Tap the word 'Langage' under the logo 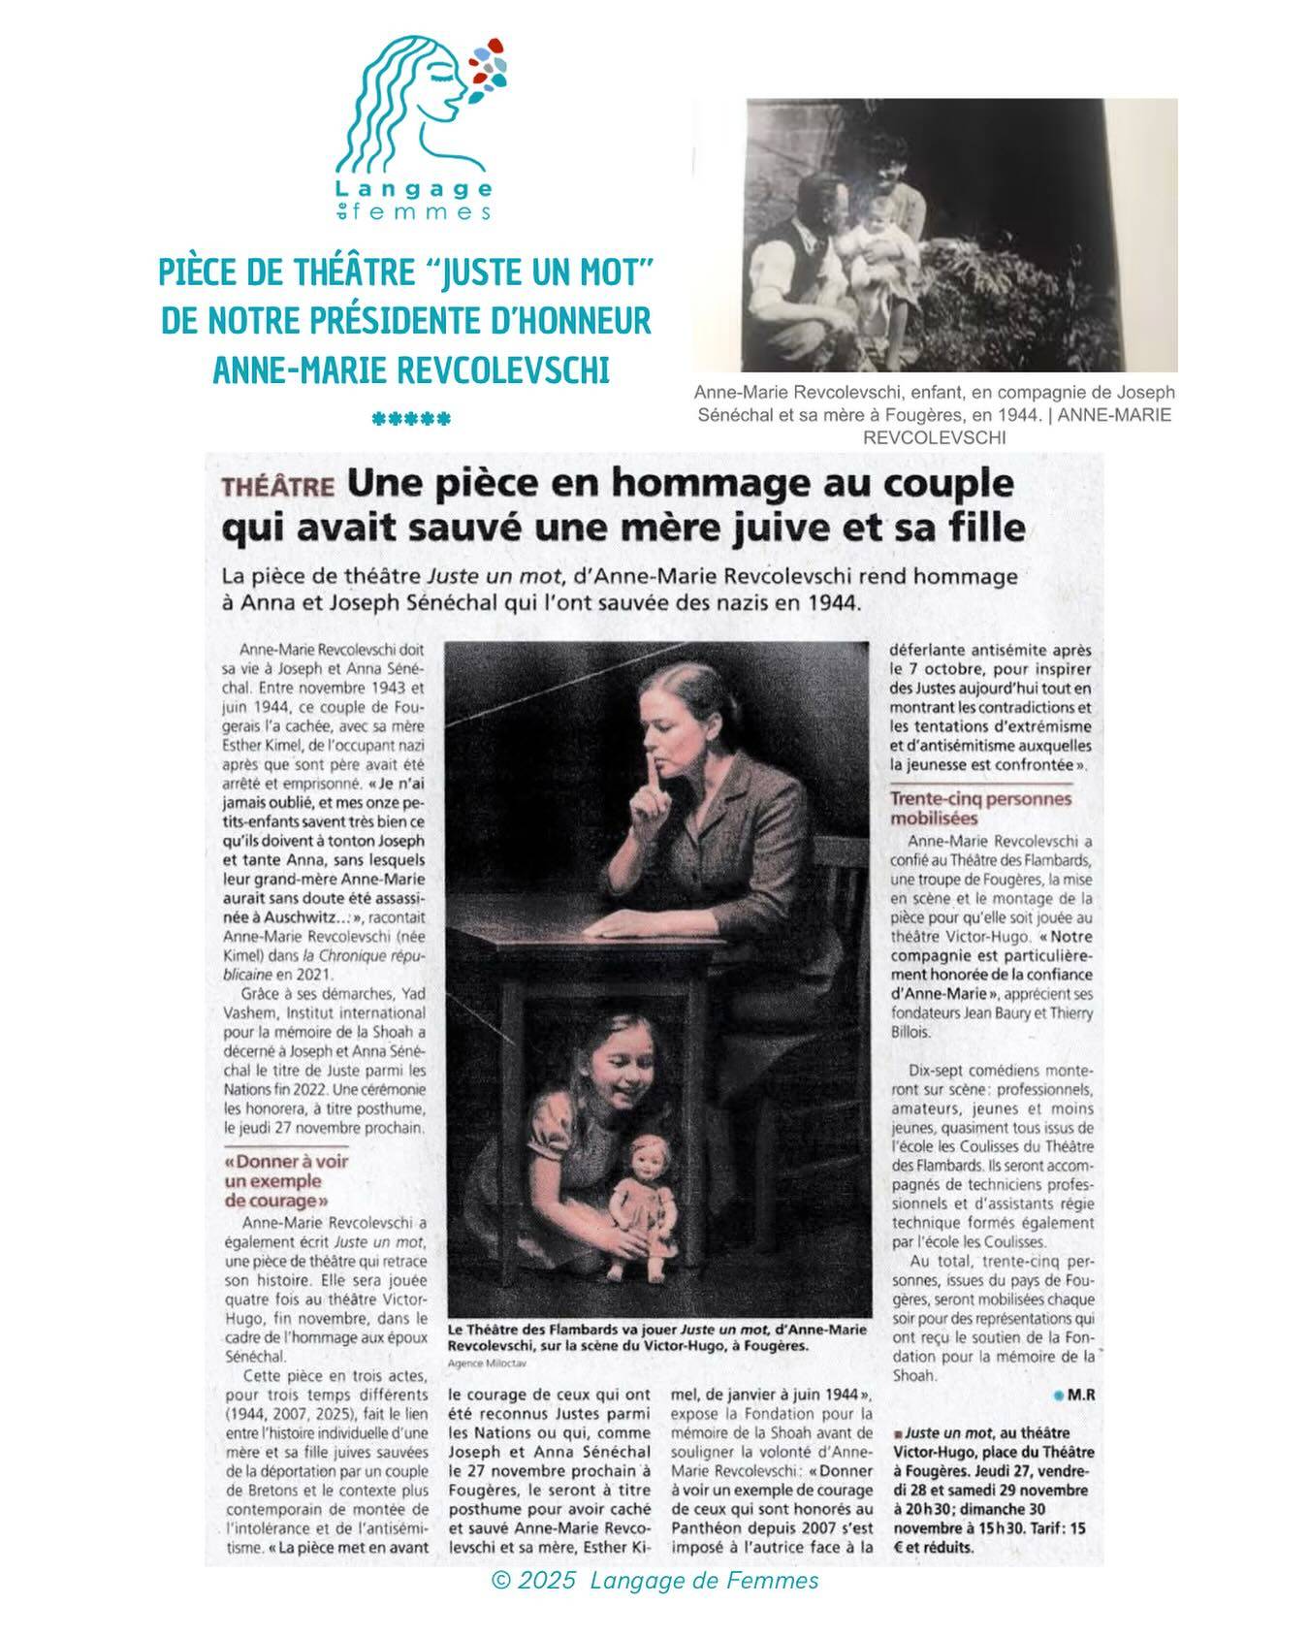414,188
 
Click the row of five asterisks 411,420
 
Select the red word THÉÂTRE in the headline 276,487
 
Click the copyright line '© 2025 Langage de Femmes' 654,1581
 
